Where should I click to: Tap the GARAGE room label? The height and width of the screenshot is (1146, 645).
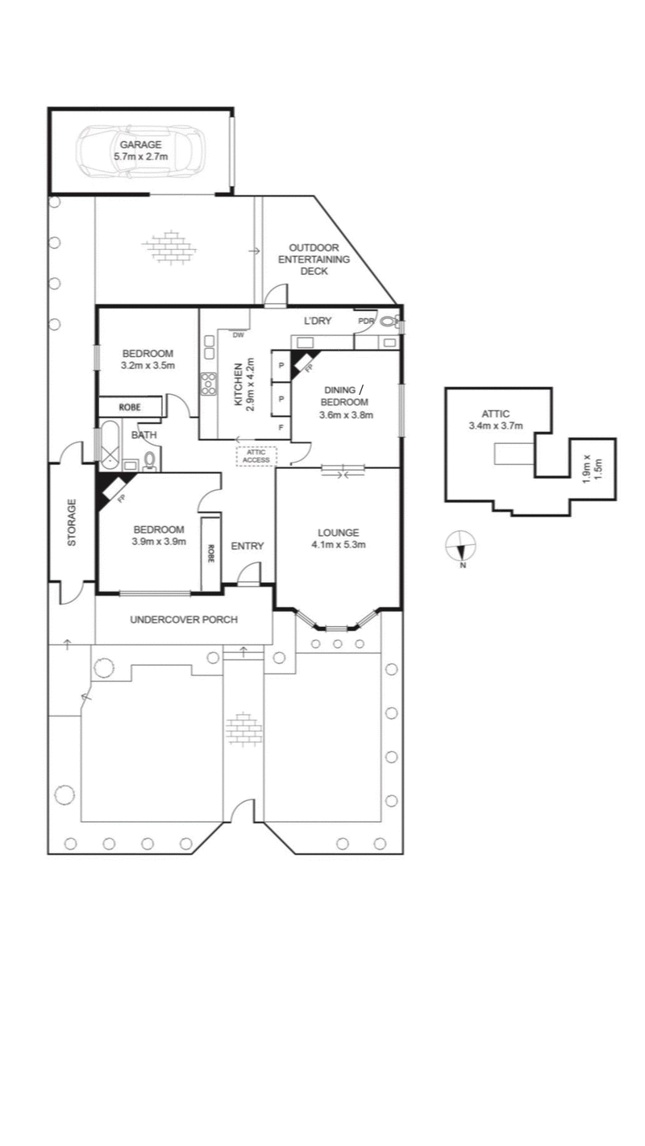coord(140,144)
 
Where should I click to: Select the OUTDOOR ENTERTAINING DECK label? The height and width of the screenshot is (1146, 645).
coord(314,260)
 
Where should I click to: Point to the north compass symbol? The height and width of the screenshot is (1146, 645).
coord(461,547)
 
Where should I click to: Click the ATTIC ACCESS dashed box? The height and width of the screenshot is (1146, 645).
coord(256,456)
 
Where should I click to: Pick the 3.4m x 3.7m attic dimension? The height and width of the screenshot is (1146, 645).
coord(496,426)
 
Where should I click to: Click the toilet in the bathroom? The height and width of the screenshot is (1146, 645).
coord(149,460)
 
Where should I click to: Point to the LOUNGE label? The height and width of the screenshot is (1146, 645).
coord(338,532)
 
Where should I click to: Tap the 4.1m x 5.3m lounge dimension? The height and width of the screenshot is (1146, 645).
coord(338,544)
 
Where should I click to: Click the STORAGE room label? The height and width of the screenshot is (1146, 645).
coord(71,523)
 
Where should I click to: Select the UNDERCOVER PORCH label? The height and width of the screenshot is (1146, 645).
coord(184,620)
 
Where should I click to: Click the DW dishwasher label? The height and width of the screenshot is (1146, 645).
coord(239,334)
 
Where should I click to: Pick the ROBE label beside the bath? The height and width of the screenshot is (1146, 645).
coord(129,407)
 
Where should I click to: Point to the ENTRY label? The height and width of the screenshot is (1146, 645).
coord(248,546)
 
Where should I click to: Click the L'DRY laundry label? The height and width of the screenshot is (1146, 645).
coord(318,321)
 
